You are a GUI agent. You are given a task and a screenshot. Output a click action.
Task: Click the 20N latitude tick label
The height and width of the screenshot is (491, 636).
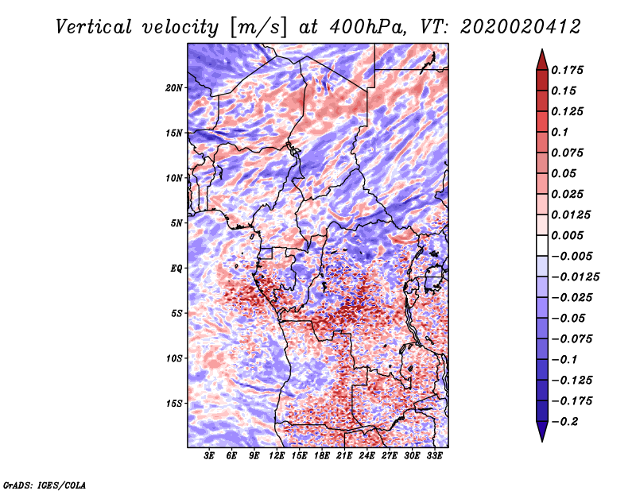click(174, 88)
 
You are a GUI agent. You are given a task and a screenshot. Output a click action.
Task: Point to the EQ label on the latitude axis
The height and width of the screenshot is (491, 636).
click(176, 269)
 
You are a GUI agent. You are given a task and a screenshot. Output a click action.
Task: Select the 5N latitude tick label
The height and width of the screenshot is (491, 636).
click(176, 223)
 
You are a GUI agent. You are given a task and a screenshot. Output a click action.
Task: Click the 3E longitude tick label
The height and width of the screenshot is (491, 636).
click(209, 456)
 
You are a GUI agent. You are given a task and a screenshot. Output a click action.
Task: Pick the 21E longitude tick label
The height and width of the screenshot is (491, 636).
click(344, 456)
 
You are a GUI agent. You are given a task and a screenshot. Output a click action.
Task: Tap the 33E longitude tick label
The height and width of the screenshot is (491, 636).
click(434, 456)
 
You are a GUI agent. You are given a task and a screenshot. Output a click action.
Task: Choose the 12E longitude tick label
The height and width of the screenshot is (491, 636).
click(277, 456)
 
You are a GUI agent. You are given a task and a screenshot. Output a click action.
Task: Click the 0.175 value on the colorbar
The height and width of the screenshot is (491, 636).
click(567, 70)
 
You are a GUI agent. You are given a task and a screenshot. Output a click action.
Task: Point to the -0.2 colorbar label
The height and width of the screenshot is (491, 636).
click(564, 422)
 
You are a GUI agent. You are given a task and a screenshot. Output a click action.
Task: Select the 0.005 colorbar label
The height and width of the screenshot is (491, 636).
click(567, 235)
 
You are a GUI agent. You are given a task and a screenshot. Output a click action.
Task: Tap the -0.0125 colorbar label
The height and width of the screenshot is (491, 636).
click(575, 277)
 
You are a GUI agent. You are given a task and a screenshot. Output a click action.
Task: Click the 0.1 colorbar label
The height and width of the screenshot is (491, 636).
click(560, 132)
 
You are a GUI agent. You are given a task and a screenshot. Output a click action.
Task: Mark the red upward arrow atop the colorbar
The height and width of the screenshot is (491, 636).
click(542, 60)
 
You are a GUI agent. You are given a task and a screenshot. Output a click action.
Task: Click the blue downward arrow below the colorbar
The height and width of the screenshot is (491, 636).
click(542, 431)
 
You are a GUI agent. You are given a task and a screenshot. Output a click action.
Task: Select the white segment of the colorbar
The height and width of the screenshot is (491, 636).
click(542, 246)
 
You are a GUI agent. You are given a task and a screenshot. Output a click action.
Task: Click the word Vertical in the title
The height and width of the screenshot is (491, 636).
click(94, 27)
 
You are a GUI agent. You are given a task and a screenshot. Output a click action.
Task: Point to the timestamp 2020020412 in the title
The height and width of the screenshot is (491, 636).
click(521, 27)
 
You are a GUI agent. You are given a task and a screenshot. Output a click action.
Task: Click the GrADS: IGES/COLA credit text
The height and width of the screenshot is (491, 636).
click(45, 485)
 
